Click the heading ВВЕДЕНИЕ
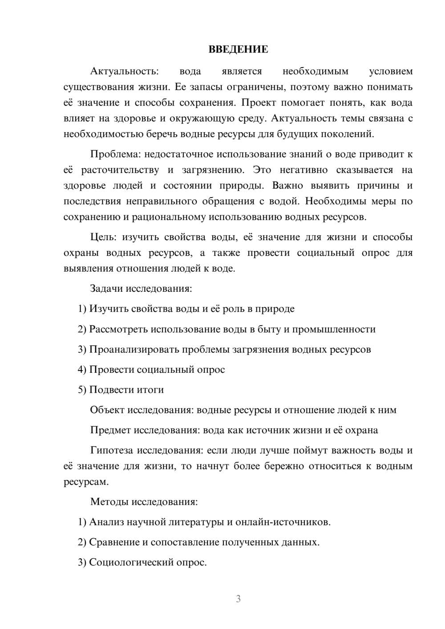click(x=238, y=49)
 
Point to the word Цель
click(x=103, y=237)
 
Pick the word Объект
click(x=107, y=410)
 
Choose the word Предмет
click(x=110, y=430)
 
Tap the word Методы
click(x=109, y=502)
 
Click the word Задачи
click(x=106, y=289)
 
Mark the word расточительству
click(x=120, y=170)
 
